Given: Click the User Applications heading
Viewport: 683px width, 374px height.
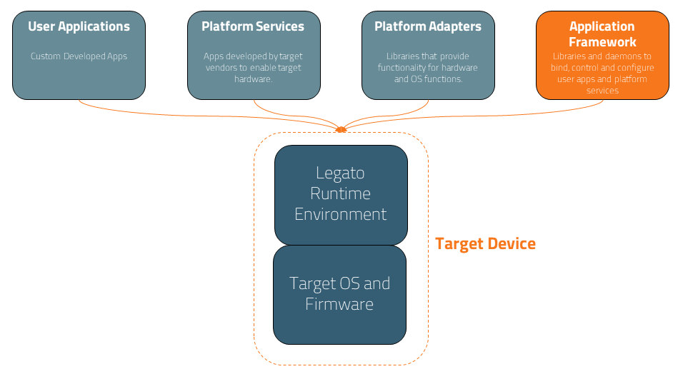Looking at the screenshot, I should point(79,27).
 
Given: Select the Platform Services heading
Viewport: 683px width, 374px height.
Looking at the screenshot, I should point(253,27).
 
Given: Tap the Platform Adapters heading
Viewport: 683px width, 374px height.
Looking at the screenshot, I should point(428,27).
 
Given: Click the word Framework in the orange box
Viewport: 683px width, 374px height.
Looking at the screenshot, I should point(602,41).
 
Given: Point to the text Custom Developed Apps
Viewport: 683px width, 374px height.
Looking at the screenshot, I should point(79,56).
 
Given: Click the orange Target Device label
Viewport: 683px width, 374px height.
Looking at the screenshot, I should point(485,244).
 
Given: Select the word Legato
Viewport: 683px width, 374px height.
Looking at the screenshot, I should point(341,173).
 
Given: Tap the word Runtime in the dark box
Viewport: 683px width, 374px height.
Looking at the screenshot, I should point(341,193).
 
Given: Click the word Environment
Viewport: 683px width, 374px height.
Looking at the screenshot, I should point(341,214).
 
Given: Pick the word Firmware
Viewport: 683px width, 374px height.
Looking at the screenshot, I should point(339,304).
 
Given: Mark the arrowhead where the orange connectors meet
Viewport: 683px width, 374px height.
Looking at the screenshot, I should point(341,129).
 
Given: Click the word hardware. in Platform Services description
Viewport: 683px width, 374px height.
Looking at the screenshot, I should point(254,79).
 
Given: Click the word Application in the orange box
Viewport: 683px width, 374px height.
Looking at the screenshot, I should point(602,26).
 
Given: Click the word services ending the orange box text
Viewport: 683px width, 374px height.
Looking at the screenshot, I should point(602,91).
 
